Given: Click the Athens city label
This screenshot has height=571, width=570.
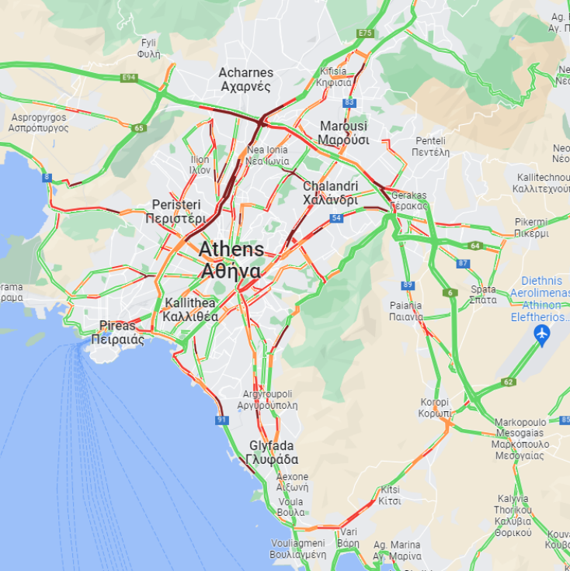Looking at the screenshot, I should [231, 261].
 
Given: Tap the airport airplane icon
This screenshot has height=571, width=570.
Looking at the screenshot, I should [542, 335].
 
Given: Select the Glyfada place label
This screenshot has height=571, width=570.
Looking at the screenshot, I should [271, 452].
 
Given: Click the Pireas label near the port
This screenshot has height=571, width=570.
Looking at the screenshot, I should [117, 332].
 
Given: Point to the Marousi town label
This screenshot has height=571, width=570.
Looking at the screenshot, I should [343, 133].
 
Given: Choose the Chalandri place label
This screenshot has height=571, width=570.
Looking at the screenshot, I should [330, 192].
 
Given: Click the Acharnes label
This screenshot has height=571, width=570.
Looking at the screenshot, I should [245, 79].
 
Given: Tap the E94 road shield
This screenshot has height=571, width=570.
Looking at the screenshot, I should [129, 78].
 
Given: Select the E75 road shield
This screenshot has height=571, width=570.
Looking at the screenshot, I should [365, 33].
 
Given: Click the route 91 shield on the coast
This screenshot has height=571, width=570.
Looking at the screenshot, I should [223, 420].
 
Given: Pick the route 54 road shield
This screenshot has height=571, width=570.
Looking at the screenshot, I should [335, 219].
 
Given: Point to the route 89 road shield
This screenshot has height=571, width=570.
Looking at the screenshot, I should [408, 285].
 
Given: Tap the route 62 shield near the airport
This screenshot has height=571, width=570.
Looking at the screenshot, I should [509, 382].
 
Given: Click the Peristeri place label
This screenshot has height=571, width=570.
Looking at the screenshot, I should [176, 211].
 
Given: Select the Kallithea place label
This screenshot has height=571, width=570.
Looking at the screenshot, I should [190, 310].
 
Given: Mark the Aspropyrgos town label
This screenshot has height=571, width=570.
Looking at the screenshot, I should [39, 122].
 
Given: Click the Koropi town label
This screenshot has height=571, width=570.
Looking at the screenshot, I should [435, 407].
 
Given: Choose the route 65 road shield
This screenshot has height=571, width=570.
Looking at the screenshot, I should [139, 128].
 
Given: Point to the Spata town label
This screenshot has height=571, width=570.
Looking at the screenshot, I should [483, 294].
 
